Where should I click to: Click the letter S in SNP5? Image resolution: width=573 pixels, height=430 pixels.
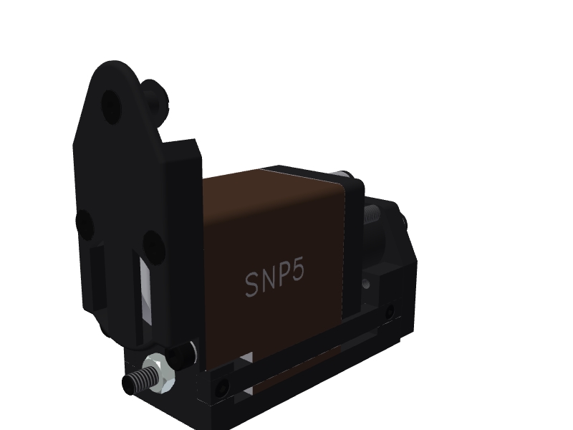[251, 285]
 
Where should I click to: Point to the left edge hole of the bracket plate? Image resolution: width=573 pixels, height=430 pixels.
[85, 224]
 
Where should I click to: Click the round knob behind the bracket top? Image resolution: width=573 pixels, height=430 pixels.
[153, 96]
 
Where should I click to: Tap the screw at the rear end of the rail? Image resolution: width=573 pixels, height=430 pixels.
[389, 312]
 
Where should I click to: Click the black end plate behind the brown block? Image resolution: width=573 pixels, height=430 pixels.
[353, 244]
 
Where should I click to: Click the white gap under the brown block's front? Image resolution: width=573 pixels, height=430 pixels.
[247, 358]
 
